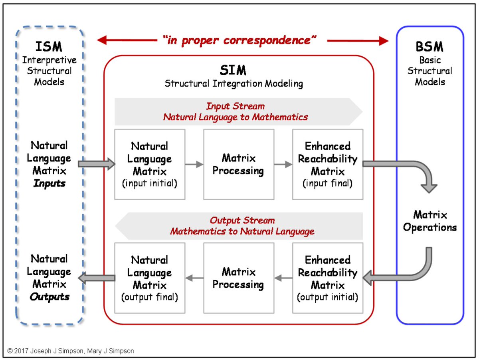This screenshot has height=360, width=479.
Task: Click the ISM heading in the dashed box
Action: coord(49,46)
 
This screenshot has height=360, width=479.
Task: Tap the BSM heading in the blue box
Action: coord(430,47)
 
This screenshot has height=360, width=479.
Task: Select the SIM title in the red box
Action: coord(233,70)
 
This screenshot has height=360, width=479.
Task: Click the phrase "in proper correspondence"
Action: coord(239,40)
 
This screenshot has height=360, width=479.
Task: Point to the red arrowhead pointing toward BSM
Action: coord(384,40)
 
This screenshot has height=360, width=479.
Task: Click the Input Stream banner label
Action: coord(235,106)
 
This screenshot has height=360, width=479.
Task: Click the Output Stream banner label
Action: coord(242,221)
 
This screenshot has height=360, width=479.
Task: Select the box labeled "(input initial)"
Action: coord(150,164)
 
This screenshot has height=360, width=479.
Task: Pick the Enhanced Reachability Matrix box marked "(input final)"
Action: coord(328,164)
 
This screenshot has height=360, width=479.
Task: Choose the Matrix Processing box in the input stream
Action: coord(238,164)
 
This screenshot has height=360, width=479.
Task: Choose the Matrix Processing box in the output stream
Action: coord(238,278)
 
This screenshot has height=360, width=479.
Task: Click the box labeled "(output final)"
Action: coord(150,278)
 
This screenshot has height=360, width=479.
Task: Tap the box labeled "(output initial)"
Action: coord(328,278)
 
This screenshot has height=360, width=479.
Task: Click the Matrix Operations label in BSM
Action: coord(430,221)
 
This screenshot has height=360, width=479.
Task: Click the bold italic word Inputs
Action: coord(49,184)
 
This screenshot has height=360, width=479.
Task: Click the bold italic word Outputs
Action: coord(49,297)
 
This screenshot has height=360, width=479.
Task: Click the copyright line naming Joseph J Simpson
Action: coord(71,351)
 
